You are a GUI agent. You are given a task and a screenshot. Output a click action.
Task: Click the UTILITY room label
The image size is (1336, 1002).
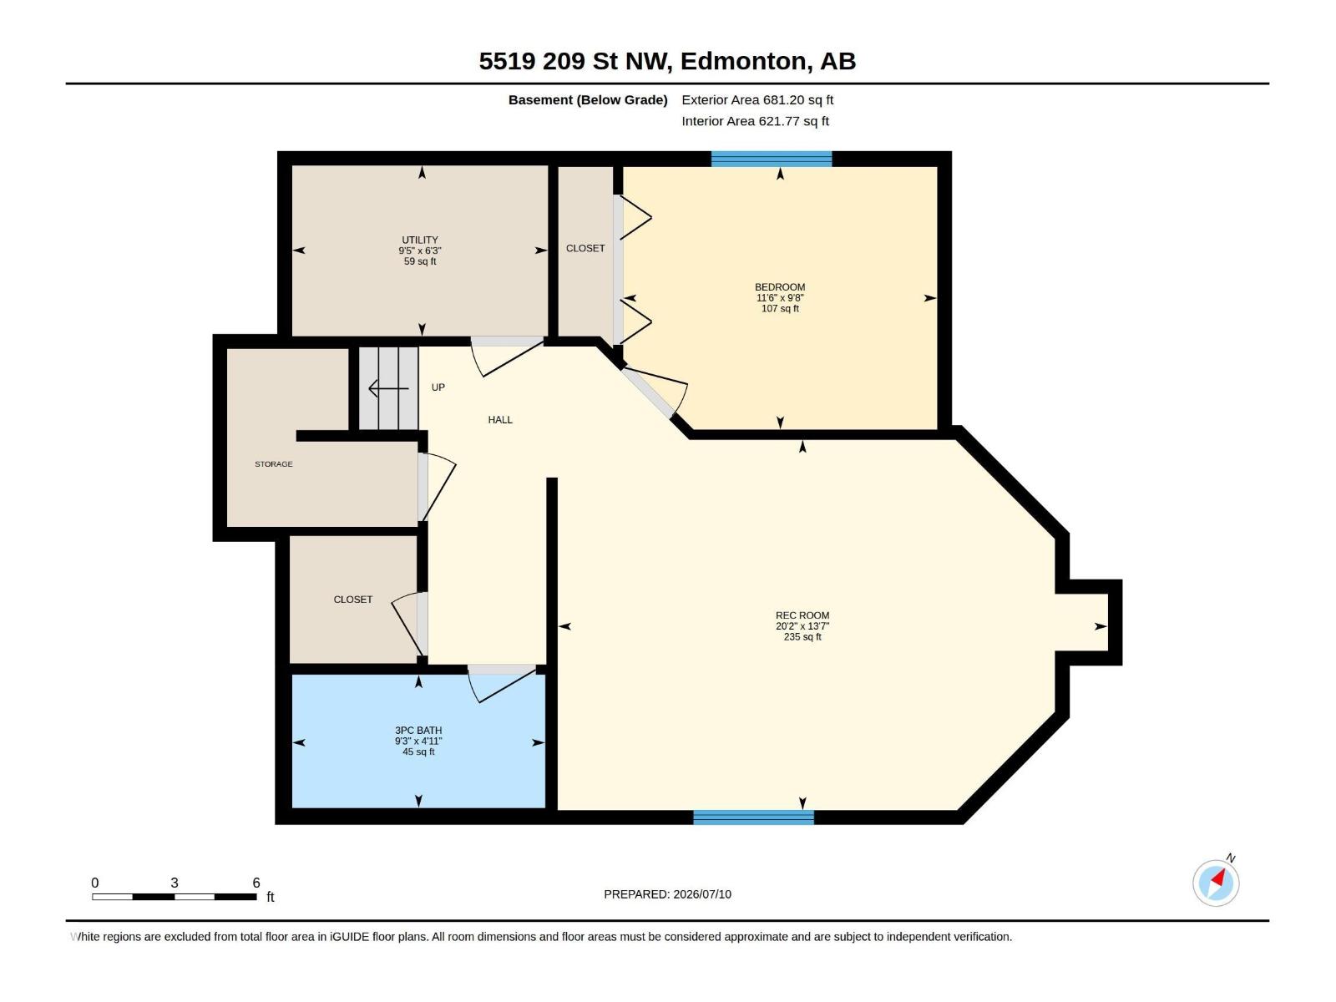point(420,240)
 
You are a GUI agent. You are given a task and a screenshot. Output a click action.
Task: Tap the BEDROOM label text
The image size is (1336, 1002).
point(780,287)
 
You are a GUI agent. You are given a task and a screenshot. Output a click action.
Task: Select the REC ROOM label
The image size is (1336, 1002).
point(802,615)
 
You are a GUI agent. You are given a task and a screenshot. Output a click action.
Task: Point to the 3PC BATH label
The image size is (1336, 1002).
point(418,731)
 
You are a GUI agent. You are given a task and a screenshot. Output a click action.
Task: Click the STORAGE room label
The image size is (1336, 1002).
point(273,464)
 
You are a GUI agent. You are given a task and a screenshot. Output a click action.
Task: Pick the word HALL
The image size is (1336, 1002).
point(500,420)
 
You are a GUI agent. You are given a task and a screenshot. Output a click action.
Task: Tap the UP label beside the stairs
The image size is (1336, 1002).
point(438,387)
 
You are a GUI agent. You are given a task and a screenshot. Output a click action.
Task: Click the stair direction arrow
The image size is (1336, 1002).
point(388,388)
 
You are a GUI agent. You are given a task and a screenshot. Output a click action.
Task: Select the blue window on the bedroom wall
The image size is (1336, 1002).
point(772,159)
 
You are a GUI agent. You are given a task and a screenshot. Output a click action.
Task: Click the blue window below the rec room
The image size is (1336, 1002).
point(753,817)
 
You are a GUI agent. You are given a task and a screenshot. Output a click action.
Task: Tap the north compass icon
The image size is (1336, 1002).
point(1216,883)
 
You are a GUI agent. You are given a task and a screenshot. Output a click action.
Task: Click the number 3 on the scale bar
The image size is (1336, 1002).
point(174,883)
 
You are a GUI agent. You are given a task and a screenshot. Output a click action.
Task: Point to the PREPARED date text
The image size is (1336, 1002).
point(667,894)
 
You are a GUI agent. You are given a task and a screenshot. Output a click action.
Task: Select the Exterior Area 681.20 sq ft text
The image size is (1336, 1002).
point(757,99)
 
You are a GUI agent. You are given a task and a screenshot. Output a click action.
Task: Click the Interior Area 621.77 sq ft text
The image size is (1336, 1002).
point(755,121)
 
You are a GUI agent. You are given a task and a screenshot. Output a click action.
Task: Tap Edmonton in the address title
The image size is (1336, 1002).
point(746,62)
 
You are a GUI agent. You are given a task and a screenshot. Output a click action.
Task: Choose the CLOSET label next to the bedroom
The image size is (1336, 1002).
point(585,248)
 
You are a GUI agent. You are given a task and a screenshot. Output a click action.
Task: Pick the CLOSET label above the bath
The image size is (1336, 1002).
point(353,600)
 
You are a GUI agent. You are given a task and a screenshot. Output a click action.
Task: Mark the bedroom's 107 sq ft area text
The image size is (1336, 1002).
point(780,308)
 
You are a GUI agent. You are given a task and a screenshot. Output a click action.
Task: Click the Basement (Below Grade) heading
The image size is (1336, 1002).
point(588,99)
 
